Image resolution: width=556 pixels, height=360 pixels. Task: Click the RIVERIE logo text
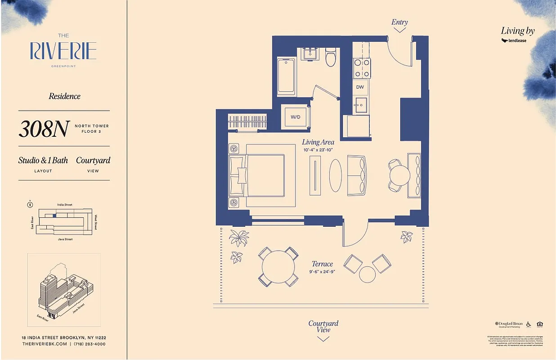pyautogui.click(x=63, y=51)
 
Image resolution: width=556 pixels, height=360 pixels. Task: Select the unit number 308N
pyautogui.click(x=44, y=129)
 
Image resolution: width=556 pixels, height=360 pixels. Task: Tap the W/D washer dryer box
pyautogui.click(x=295, y=117)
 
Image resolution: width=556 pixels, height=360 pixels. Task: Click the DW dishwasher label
pyautogui.click(x=360, y=87)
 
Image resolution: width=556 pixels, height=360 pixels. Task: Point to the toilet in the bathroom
pyautogui.click(x=331, y=58)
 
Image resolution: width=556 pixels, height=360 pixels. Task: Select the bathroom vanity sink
pyautogui.click(x=309, y=54)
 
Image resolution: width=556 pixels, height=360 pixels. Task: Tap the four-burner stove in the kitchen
pyautogui.click(x=362, y=68)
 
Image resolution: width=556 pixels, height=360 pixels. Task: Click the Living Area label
pyautogui.click(x=318, y=142)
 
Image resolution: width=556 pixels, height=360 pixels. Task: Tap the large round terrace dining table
pyautogui.click(x=278, y=266)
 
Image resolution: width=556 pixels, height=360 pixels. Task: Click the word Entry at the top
pyautogui.click(x=399, y=22)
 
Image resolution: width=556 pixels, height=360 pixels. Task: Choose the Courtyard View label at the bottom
pyautogui.click(x=323, y=326)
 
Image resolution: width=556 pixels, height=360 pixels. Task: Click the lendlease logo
pyautogui.click(x=514, y=40)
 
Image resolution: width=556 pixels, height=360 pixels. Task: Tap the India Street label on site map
pyautogui.click(x=65, y=205)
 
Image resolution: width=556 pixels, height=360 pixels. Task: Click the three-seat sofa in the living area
pyautogui.click(x=357, y=175)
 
